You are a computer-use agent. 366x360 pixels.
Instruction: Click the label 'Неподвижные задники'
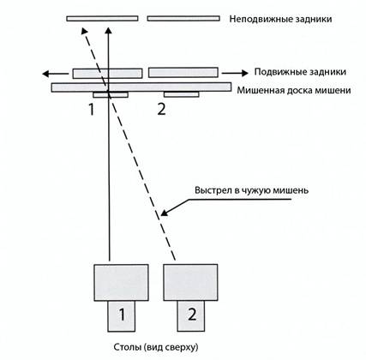280,19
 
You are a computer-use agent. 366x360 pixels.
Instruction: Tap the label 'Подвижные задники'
300,72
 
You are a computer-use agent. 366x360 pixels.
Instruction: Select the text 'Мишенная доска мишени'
294,91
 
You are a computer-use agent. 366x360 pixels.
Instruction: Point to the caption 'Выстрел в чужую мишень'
252,190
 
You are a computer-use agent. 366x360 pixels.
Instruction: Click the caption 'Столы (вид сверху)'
156,347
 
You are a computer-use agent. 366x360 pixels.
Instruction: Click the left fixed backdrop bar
102,19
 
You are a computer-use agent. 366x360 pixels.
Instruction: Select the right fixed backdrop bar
183,19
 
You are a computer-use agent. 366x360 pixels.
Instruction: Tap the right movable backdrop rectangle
183,73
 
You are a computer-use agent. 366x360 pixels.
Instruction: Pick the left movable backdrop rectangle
107,74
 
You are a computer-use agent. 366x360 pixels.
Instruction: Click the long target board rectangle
141,87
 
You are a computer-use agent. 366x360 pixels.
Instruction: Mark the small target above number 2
182,94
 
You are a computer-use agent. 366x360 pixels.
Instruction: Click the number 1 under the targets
92,110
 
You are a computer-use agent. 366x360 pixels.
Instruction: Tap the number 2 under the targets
161,110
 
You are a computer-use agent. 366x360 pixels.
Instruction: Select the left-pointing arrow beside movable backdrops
56,74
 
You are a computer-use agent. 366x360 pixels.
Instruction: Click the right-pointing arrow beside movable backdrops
235,73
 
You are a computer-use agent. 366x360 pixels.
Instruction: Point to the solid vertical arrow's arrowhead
108,31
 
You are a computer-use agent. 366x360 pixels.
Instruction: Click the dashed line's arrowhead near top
84,31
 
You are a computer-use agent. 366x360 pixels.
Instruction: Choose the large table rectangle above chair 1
121,283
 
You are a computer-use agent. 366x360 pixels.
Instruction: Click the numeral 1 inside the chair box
122,315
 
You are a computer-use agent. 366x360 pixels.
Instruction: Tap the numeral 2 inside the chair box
192,315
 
